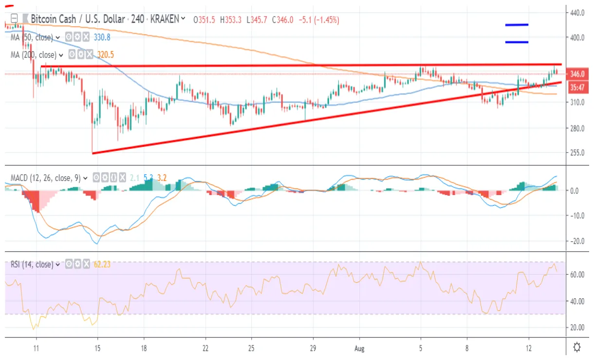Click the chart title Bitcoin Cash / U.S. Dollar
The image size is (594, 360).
77,19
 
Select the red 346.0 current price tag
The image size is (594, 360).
577,74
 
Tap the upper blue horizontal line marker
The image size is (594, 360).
517,24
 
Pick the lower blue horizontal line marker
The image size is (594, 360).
517,42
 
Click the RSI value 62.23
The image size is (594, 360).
103,265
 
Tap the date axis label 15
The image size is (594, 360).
97,349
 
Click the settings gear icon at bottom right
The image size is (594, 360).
577,347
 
